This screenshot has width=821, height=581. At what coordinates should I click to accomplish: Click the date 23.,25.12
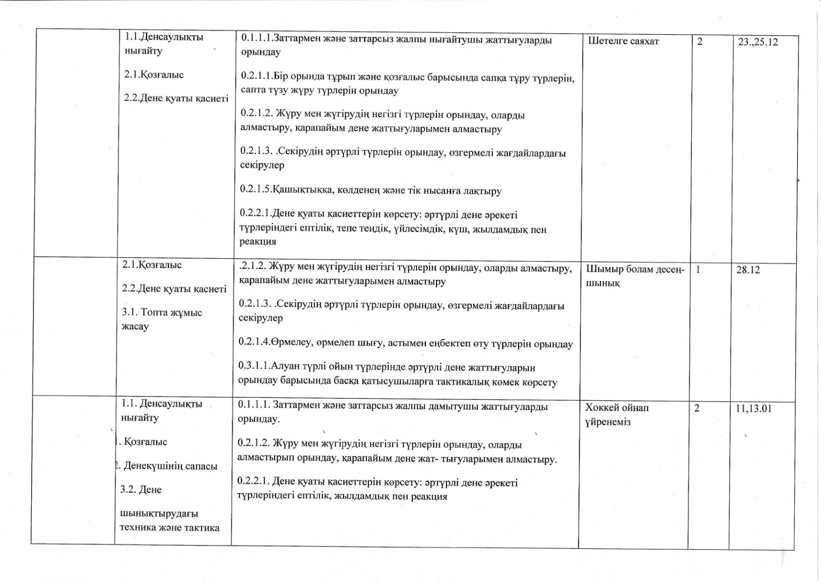click(x=758, y=42)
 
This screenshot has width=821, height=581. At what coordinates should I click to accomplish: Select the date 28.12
click(x=748, y=270)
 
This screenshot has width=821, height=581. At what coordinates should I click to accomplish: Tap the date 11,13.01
click(x=754, y=408)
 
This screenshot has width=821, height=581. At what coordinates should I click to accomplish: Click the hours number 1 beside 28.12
click(x=699, y=269)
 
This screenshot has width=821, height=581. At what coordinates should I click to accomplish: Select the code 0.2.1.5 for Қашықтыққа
click(x=255, y=190)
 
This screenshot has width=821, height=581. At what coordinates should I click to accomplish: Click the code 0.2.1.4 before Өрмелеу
click(x=254, y=343)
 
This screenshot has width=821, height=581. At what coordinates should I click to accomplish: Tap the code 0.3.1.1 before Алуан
click(x=254, y=367)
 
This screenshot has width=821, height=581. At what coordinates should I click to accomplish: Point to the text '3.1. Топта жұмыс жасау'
click(x=161, y=319)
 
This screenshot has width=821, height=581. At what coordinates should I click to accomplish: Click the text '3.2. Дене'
click(x=140, y=489)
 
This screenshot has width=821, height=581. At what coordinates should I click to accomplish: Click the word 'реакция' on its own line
click(x=258, y=241)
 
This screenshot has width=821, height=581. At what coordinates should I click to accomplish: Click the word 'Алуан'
click(x=287, y=367)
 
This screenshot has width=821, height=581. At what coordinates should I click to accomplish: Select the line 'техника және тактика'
click(x=170, y=527)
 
